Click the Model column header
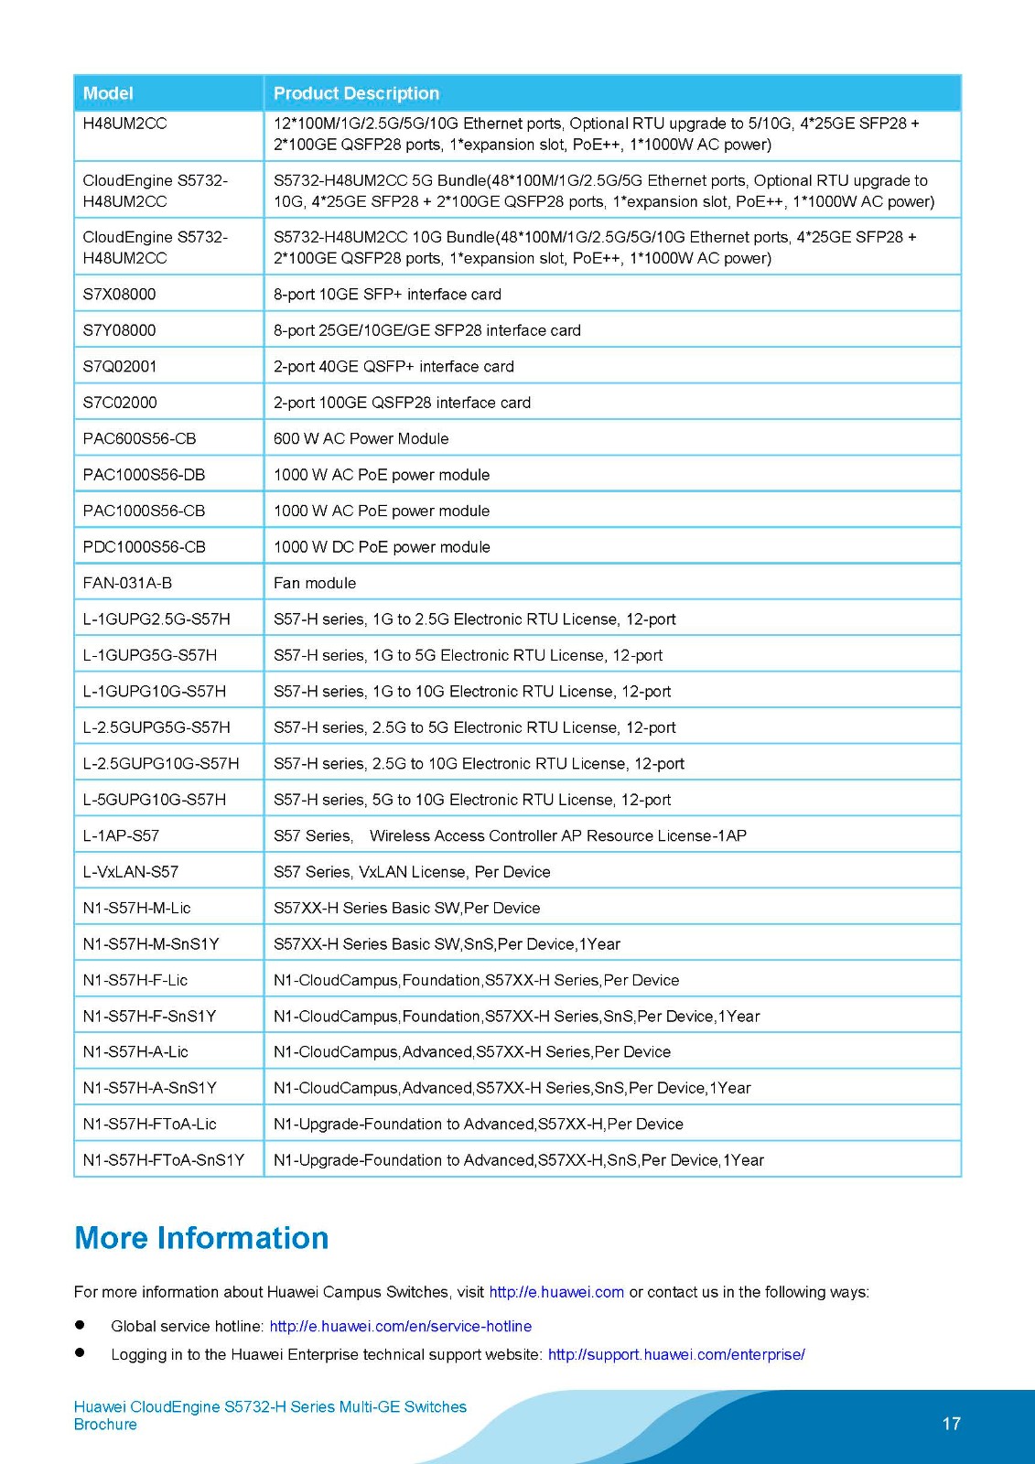108,93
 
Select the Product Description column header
356,93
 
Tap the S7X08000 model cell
120,294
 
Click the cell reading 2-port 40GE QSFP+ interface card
394,366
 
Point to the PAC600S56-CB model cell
139,438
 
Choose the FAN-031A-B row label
127,583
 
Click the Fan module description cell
315,583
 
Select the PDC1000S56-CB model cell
144,547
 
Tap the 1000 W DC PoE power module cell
382,547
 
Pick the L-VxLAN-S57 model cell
131,872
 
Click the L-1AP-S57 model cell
121,835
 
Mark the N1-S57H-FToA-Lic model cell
150,1124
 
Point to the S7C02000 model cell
120,403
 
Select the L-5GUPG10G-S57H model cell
155,800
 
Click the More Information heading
201,1238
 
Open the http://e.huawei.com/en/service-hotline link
400,1326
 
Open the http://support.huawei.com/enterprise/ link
676,1354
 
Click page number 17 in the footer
952,1424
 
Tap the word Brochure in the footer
105,1425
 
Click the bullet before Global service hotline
80,1325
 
